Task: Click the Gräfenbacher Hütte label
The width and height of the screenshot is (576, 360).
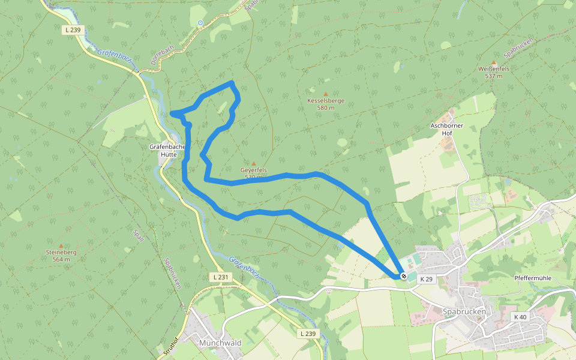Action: coord(163,150)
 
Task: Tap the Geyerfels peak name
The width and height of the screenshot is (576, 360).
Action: coord(253,170)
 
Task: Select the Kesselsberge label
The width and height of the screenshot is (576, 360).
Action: coord(326,101)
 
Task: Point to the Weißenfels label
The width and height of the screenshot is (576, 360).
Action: coord(494,69)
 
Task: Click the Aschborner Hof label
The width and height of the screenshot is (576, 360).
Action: coord(447,129)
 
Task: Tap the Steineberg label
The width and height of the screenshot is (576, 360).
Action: coord(61,253)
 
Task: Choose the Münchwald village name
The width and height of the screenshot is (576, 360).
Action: coord(220,343)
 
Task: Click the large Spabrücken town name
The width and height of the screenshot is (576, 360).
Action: coord(464,312)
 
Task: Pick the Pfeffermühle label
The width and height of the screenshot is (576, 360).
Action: coord(533,278)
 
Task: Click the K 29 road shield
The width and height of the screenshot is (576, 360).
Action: coord(426,280)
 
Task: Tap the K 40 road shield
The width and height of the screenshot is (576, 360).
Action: coord(520,317)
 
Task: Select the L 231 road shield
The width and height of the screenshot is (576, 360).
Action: coord(221,277)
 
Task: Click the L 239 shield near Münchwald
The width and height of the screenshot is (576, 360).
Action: coord(307,333)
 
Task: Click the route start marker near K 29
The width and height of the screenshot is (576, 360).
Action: coord(404,277)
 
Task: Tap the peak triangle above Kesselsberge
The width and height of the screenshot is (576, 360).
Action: coord(326,94)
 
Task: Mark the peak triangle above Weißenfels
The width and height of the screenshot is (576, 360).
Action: coord(494,62)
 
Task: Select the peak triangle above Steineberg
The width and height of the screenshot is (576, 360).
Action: coord(61,245)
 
